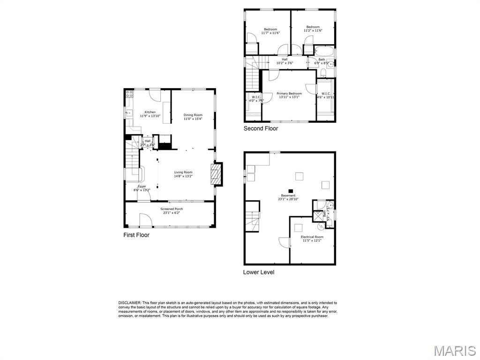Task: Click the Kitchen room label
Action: coord(150,112)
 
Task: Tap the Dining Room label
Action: coord(193,115)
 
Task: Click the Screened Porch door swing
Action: coord(145,220)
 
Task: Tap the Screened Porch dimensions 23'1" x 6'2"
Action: coord(172,213)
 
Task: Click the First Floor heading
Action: coord(136,235)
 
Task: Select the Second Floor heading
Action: coord(261,128)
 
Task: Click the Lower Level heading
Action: coord(259,272)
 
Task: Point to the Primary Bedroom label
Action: coord(289,94)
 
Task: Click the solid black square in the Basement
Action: coord(291,191)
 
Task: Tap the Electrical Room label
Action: coord(312,237)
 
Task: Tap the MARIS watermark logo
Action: coord(455,350)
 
